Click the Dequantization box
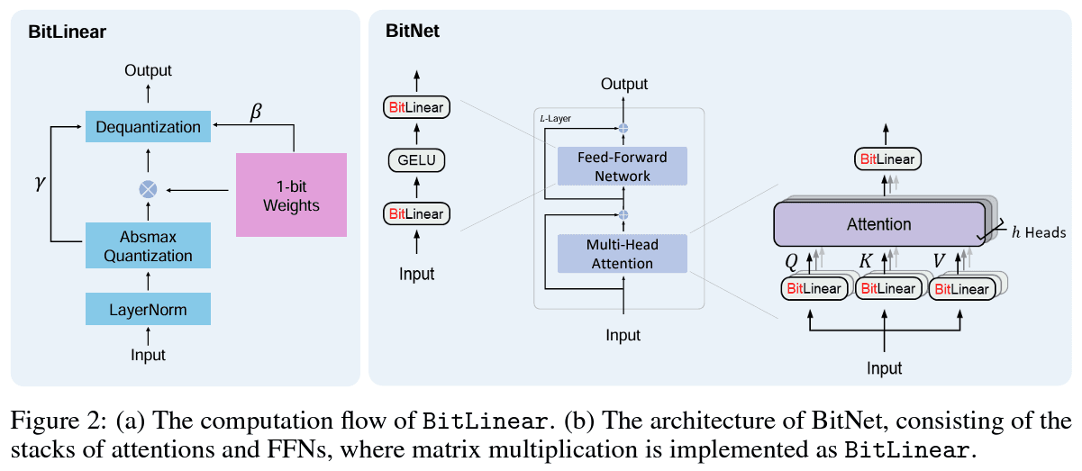pyautogui.click(x=148, y=127)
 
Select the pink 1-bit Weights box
pyautogui.click(x=291, y=195)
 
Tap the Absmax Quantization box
pyautogui.click(x=148, y=246)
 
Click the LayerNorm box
pyautogui.click(x=148, y=310)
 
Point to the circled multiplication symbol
pyautogui.click(x=148, y=189)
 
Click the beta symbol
pyautogui.click(x=257, y=113)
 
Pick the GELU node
pyautogui.click(x=416, y=161)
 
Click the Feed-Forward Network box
pyautogui.click(x=622, y=167)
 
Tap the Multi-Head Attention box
pyautogui.click(x=622, y=254)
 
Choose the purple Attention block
pyautogui.click(x=878, y=224)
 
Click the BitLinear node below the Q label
pyautogui.click(x=814, y=288)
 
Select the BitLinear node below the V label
pyautogui.click(x=961, y=288)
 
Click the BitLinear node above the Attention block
pyautogui.click(x=887, y=159)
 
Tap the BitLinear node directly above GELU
pyautogui.click(x=416, y=108)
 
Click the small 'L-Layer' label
pyautogui.click(x=556, y=118)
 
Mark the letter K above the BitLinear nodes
pyautogui.click(x=866, y=261)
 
